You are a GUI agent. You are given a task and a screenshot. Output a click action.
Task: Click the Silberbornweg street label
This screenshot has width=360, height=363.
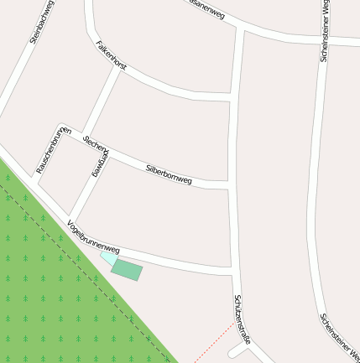pyautogui.click(x=169, y=174)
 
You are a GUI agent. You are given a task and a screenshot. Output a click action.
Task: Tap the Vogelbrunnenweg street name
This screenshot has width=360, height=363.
pyautogui.click(x=93, y=238)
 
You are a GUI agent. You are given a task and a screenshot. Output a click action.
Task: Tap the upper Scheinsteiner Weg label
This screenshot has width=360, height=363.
pyautogui.click(x=325, y=33)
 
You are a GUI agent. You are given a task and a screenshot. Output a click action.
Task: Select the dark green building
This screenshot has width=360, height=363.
pyautogui.click(x=128, y=270)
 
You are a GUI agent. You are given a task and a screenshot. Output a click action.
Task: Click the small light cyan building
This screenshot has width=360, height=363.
pyautogui.click(x=108, y=259)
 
